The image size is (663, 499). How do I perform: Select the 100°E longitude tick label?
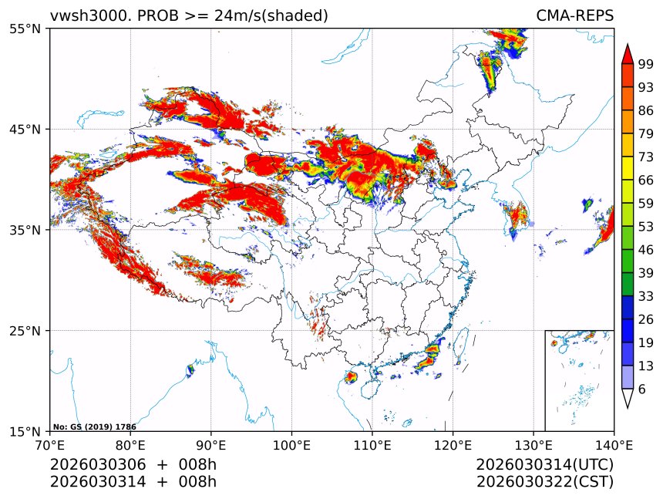tap(291, 445)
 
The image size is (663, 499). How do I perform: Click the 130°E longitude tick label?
tap(533, 445)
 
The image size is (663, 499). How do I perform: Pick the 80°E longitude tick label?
tap(130, 445)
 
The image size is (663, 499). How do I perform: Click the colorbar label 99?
tap(646, 64)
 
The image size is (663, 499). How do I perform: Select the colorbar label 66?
tap(646, 180)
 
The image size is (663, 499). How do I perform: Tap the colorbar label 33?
tap(646, 296)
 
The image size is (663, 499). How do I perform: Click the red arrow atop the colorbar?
tap(628, 53)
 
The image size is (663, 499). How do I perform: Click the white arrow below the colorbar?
tap(628, 398)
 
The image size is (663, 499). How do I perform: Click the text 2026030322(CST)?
tap(544, 482)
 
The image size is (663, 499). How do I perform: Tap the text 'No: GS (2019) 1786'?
tap(94, 427)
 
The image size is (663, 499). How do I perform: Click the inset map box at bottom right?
tap(579, 380)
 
